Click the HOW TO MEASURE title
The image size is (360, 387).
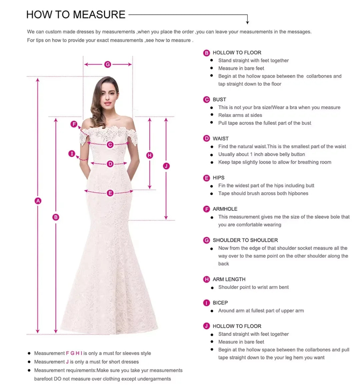76,15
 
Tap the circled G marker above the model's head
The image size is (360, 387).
108,64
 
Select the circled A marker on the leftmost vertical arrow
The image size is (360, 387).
38,201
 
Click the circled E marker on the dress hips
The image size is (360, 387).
110,193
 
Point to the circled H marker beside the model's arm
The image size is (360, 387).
150,155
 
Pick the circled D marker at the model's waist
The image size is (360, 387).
110,164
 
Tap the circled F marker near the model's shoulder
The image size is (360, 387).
74,124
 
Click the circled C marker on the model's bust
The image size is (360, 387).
110,145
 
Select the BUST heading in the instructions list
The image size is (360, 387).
219,100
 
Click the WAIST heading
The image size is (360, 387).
220,139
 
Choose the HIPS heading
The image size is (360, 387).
218,178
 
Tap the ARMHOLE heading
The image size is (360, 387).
225,209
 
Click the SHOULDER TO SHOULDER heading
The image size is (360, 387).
245,240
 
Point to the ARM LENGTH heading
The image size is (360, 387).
229,279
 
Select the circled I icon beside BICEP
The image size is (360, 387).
207,303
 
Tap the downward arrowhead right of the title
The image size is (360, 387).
247,22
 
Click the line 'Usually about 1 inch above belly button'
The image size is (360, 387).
261,155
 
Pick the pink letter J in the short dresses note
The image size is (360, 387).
67,362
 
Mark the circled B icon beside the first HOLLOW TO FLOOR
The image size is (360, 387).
207,53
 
